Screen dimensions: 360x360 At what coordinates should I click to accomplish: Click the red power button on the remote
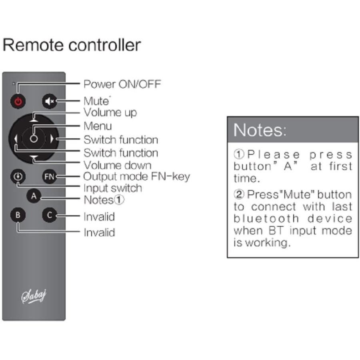(18, 101)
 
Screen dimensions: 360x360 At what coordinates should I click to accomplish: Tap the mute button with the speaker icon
(49, 102)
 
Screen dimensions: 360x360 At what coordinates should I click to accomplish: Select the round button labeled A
(34, 196)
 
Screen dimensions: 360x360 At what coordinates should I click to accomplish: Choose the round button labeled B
(18, 215)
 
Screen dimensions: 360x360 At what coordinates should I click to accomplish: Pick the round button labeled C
(49, 215)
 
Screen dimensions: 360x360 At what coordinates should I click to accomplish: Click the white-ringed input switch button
(18, 176)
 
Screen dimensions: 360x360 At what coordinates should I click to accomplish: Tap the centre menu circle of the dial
(34, 138)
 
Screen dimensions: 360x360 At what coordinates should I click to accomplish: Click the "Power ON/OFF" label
(122, 84)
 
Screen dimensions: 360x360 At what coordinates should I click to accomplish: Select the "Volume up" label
(110, 112)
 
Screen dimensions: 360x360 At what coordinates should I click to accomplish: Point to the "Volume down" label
(117, 165)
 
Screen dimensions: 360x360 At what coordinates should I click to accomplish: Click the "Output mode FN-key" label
(136, 176)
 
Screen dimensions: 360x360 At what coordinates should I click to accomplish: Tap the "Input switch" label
(112, 188)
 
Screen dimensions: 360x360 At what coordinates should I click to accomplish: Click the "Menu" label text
(98, 126)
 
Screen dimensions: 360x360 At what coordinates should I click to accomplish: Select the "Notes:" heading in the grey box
(260, 130)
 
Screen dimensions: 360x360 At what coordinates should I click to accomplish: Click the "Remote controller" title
(72, 45)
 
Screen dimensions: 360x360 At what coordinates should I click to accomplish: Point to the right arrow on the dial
(52, 139)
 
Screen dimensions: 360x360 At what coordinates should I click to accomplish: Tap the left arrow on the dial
(16, 139)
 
